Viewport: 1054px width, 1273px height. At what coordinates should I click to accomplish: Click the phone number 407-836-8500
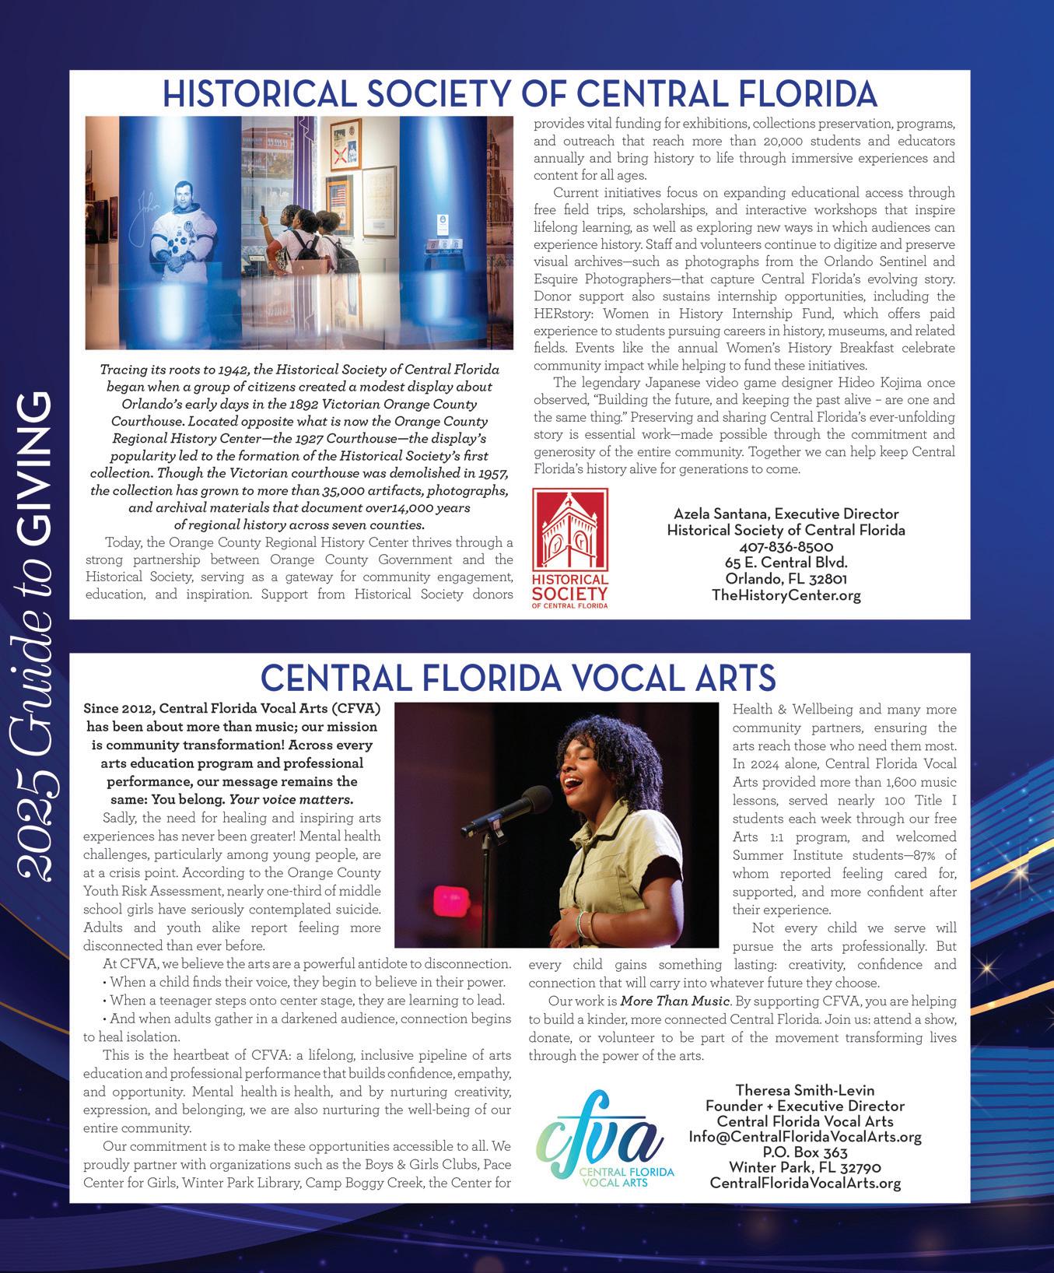pyautogui.click(x=786, y=547)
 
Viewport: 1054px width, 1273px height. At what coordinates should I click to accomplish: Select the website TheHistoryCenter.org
pyautogui.click(x=786, y=596)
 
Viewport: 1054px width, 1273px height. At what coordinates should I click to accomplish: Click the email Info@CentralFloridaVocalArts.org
pyautogui.click(x=805, y=1137)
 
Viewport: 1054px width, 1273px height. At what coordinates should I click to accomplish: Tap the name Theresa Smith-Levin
pyautogui.click(x=805, y=1090)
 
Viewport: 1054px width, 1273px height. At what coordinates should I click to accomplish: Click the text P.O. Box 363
pyautogui.click(x=805, y=1152)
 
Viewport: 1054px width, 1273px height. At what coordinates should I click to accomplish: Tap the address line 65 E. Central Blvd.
pyautogui.click(x=786, y=563)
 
